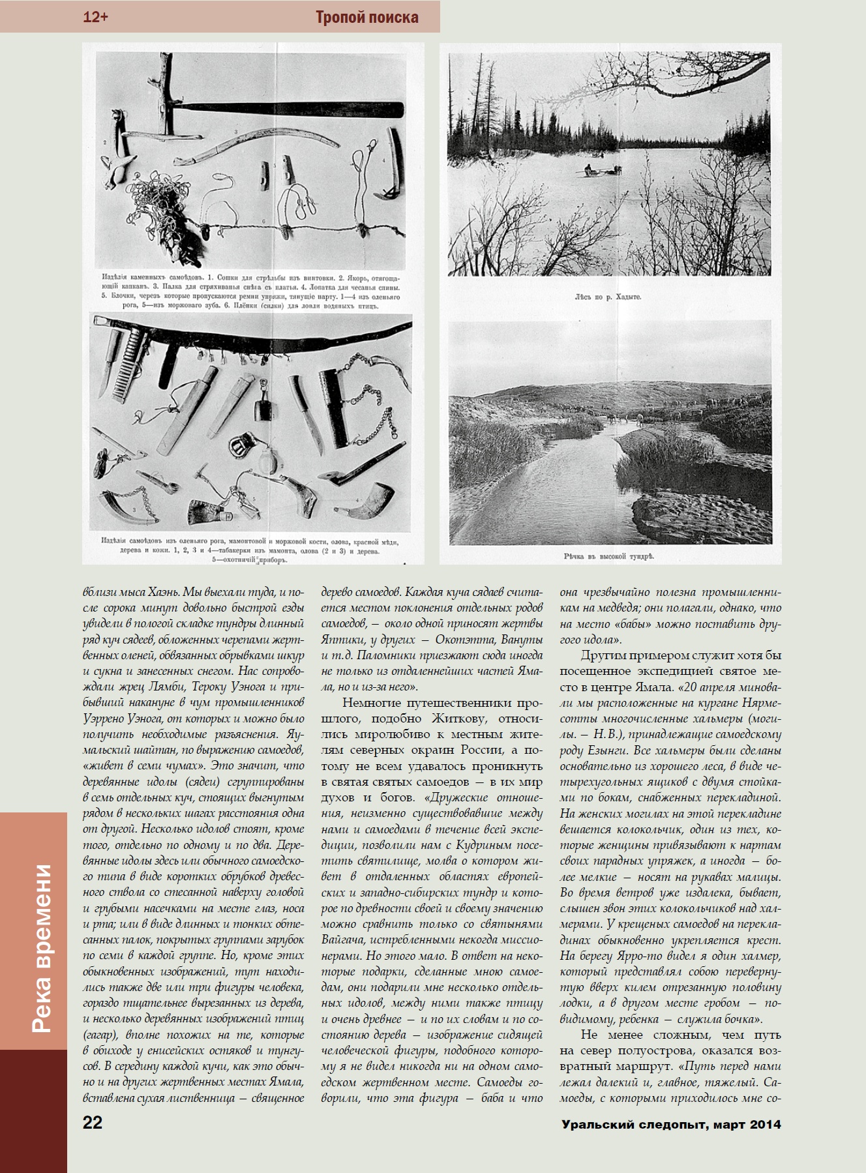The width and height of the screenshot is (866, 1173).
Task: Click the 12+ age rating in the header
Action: (95, 18)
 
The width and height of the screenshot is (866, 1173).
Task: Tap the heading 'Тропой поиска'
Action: (366, 18)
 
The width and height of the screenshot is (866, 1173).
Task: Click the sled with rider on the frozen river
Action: (595, 171)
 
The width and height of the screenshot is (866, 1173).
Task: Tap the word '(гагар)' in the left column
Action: (98, 1035)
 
